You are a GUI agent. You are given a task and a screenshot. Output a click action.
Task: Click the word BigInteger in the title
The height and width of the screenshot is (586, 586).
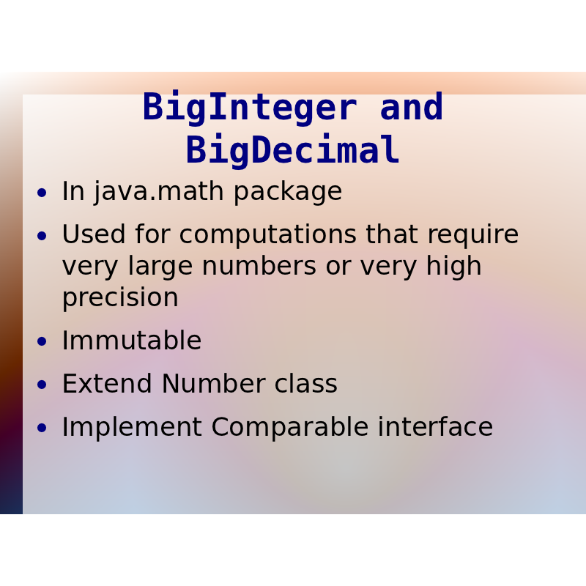(x=250, y=108)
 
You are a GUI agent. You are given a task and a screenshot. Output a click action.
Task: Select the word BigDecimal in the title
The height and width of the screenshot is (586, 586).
(x=293, y=151)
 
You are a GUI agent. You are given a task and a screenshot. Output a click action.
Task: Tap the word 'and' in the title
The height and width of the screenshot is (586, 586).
(x=412, y=106)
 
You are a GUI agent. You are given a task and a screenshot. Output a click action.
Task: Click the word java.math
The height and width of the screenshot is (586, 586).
(x=159, y=192)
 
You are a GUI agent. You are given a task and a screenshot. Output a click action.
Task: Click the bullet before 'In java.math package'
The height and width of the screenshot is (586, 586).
(x=42, y=193)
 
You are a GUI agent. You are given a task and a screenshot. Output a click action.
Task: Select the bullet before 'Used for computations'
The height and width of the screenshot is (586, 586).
(x=42, y=236)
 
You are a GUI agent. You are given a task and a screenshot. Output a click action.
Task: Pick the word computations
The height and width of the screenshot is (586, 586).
(x=267, y=236)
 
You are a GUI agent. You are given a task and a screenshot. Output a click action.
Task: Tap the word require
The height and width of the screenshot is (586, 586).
(x=473, y=236)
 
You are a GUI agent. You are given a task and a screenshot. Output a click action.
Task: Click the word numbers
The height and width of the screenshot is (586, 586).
(x=259, y=266)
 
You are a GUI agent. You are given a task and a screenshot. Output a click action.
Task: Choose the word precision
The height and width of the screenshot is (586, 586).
(x=120, y=299)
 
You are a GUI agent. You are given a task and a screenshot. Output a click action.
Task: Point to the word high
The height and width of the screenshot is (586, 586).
(x=453, y=267)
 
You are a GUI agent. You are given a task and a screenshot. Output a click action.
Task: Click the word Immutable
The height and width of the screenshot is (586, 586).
(x=132, y=341)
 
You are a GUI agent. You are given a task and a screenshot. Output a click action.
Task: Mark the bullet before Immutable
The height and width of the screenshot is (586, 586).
(x=42, y=341)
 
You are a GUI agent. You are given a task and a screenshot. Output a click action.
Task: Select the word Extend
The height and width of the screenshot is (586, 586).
(x=107, y=383)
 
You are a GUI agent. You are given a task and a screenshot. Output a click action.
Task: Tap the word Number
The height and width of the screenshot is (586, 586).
(x=213, y=383)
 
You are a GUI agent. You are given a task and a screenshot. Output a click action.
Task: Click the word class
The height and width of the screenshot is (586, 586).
(x=305, y=383)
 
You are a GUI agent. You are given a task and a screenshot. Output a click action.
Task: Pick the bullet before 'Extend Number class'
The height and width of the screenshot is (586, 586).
(x=42, y=385)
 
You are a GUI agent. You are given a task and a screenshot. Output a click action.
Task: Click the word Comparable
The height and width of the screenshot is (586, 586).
(x=289, y=428)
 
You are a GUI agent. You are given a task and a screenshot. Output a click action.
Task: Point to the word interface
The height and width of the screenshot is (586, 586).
(x=435, y=426)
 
